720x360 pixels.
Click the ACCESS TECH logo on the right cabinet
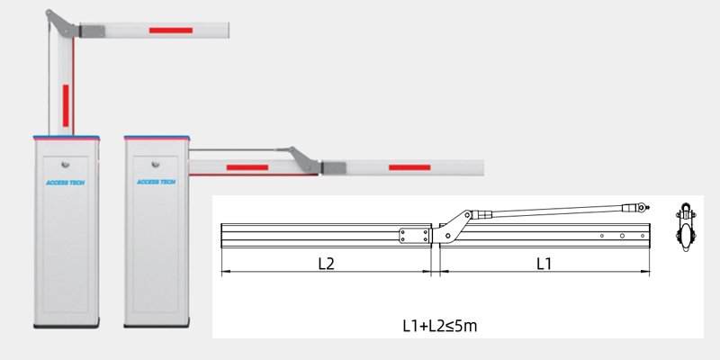pyautogui.click(x=157, y=181)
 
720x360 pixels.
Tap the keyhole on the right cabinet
pyautogui.click(x=157, y=165)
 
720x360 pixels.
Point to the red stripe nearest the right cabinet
pyautogui.click(x=247, y=167)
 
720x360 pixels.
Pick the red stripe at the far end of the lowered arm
pyautogui.click(x=409, y=167)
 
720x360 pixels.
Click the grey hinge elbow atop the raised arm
pyautogui.click(x=60, y=22)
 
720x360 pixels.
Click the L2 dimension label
pyautogui.click(x=327, y=264)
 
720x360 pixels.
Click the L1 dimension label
pyautogui.click(x=544, y=264)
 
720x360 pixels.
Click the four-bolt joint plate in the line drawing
pyautogui.click(x=415, y=235)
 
